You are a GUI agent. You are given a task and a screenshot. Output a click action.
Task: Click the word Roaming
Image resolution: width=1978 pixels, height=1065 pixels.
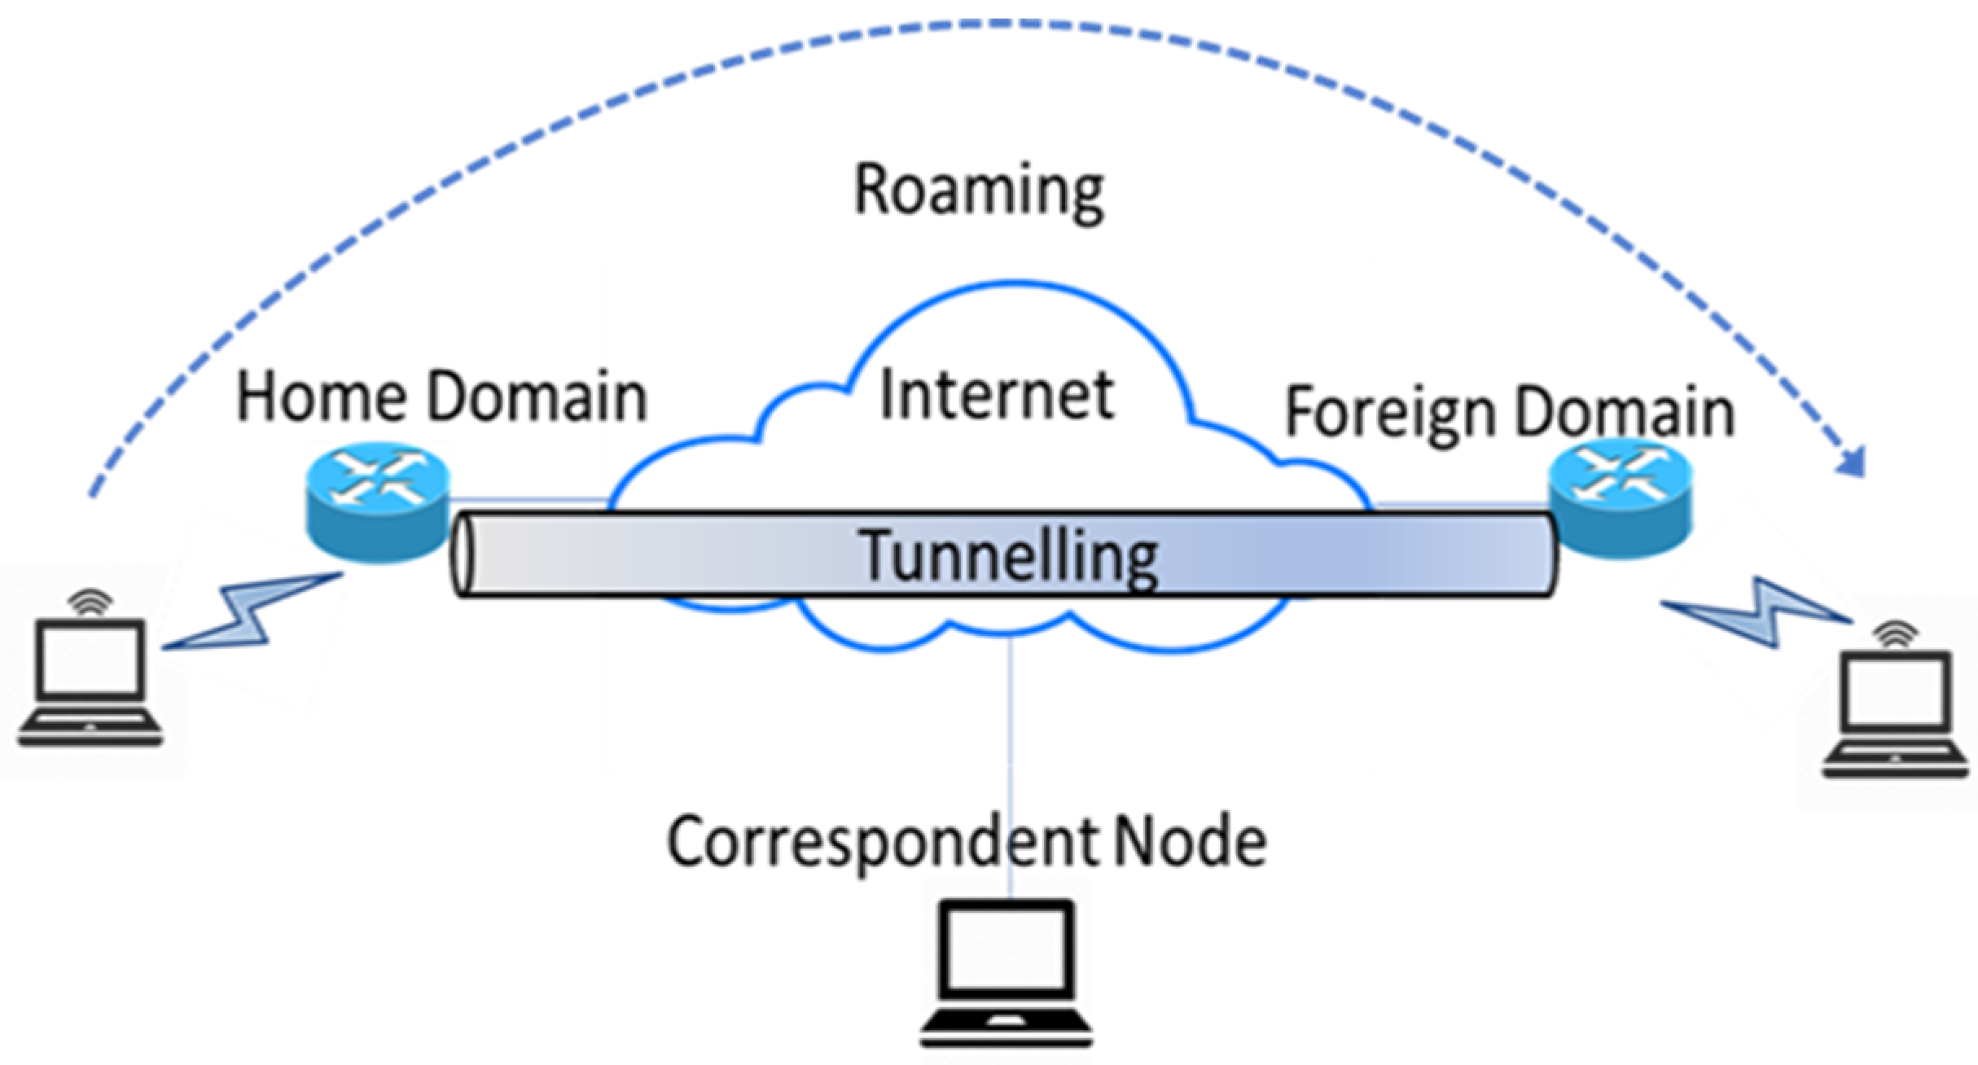point(978,191)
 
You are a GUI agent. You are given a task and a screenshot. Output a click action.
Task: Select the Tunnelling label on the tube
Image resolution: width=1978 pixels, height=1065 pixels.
point(1008,556)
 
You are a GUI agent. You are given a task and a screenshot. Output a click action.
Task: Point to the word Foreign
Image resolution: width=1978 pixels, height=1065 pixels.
point(1389,414)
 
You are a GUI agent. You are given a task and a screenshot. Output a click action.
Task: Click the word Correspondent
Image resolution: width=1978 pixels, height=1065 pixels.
point(884,843)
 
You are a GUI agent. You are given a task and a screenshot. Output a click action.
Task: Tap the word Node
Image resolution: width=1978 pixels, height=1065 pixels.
point(1190,843)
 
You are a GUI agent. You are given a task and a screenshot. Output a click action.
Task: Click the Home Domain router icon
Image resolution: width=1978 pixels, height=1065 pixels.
point(377,501)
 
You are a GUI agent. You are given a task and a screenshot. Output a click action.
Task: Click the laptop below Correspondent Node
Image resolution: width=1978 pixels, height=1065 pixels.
point(1007,973)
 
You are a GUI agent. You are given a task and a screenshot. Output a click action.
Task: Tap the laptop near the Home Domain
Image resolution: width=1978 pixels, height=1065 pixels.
point(90,684)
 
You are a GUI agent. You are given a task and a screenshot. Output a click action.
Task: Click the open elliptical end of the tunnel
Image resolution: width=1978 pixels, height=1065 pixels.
point(463,554)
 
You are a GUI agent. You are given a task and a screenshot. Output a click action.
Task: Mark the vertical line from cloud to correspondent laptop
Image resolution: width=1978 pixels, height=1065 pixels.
point(1010,733)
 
